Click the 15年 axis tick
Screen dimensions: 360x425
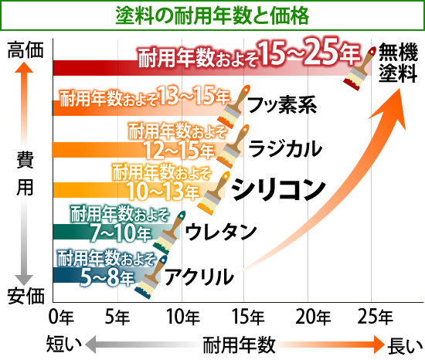click(x=247, y=316)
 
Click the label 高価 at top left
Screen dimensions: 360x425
click(x=24, y=52)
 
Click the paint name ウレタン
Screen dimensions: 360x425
click(x=221, y=229)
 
